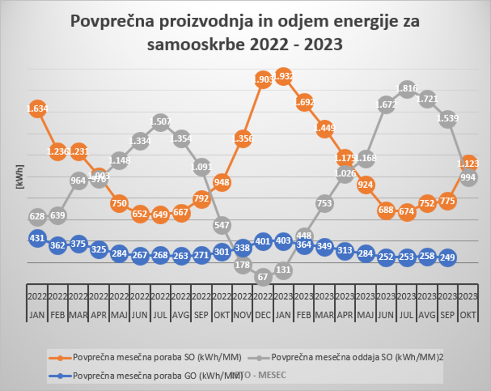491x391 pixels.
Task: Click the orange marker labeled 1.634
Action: coord(37,109)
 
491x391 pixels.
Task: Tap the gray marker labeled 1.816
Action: coord(406,89)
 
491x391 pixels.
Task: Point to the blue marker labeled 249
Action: coord(448,257)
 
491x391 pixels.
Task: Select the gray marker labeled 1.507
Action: coord(160,122)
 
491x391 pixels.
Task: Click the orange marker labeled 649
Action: coord(160,214)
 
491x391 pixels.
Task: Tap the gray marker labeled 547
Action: coord(222,225)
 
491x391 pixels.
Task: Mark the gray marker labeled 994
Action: coord(468,178)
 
